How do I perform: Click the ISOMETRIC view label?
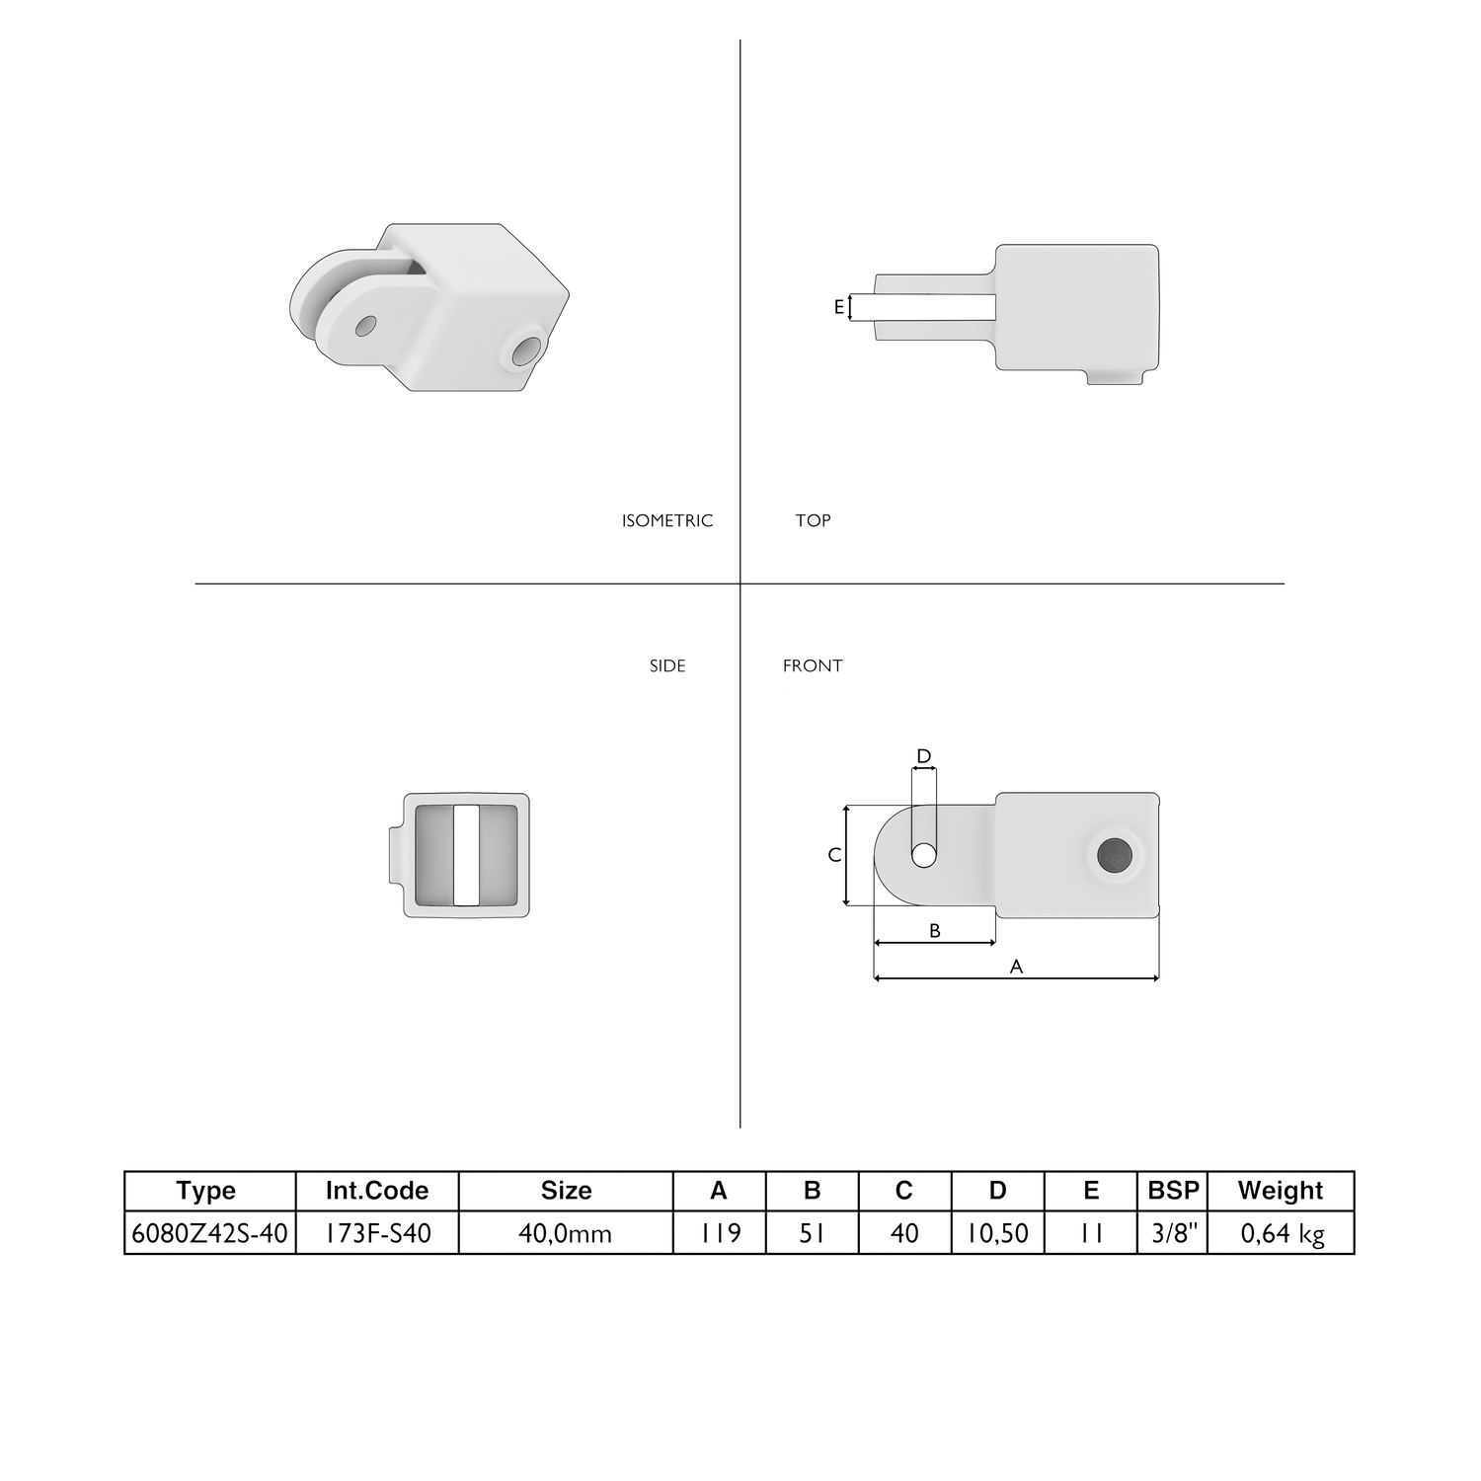(x=666, y=520)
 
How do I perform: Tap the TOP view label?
(x=813, y=520)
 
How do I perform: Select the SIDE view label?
(x=667, y=665)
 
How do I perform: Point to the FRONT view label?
(x=813, y=665)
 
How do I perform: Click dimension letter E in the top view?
(x=839, y=307)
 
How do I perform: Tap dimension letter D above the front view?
(x=923, y=757)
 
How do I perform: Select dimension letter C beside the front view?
(x=834, y=855)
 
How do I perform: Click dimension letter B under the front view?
(x=935, y=930)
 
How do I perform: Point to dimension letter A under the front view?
(x=1016, y=967)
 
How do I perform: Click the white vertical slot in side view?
(x=466, y=855)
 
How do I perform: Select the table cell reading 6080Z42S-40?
(x=209, y=1233)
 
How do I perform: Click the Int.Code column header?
(x=377, y=1191)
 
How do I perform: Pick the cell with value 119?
(x=720, y=1233)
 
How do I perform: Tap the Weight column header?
(x=1280, y=1191)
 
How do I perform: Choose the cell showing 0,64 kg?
(x=1280, y=1233)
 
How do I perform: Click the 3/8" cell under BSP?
(x=1173, y=1233)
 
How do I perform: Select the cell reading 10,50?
(x=997, y=1233)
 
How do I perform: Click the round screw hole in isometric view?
(x=527, y=350)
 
